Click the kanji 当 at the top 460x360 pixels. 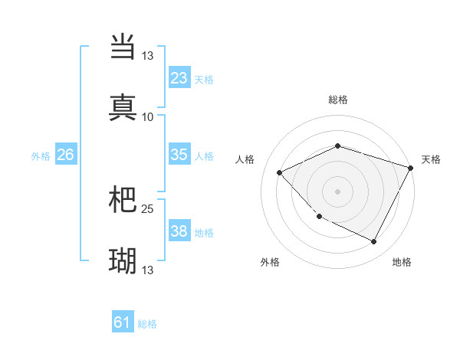click(x=123, y=47)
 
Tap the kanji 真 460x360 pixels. click(x=123, y=107)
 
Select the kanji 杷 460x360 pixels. click(x=123, y=200)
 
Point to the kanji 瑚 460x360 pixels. click(x=123, y=261)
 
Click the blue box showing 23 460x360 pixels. click(x=179, y=78)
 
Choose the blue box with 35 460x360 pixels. click(x=179, y=155)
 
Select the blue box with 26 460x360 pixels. click(x=65, y=155)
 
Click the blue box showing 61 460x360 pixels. click(x=123, y=323)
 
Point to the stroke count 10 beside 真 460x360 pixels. click(x=148, y=117)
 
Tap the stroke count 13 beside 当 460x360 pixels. click(x=148, y=56)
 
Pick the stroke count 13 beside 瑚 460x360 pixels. click(x=148, y=270)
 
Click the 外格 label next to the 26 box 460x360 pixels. click(x=41, y=156)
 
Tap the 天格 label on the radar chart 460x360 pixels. click(x=431, y=159)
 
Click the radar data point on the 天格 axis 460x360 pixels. click(x=412, y=167)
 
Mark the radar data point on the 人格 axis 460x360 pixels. click(x=280, y=173)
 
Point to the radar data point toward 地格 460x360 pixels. click(x=374, y=242)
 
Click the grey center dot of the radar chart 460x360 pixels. click(x=337, y=191)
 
